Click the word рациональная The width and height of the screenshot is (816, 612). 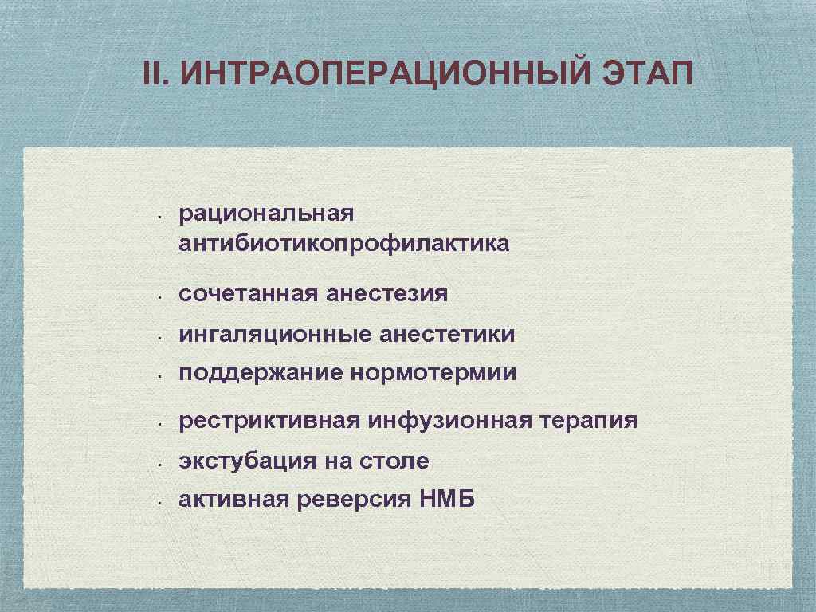266,213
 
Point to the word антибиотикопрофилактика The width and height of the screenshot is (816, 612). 343,243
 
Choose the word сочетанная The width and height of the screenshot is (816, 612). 249,294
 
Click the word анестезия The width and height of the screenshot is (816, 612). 387,294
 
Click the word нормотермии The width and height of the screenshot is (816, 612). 433,373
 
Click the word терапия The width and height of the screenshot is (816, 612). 586,420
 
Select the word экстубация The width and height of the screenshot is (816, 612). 246,461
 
